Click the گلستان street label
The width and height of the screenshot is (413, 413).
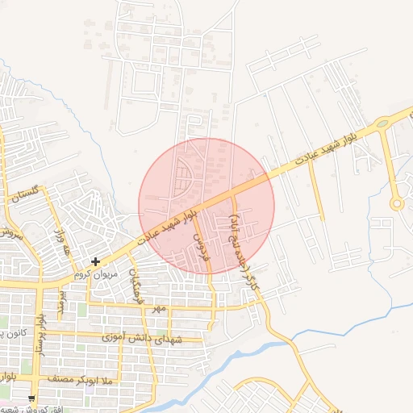click(x=23, y=194)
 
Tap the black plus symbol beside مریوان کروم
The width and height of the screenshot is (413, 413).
click(x=96, y=261)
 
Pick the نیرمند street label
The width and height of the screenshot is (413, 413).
click(x=61, y=305)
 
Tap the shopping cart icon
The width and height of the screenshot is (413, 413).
click(x=31, y=398)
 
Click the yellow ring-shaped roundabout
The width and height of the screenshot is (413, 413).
click(x=396, y=203)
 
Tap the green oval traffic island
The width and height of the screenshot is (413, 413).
click(x=382, y=123)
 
